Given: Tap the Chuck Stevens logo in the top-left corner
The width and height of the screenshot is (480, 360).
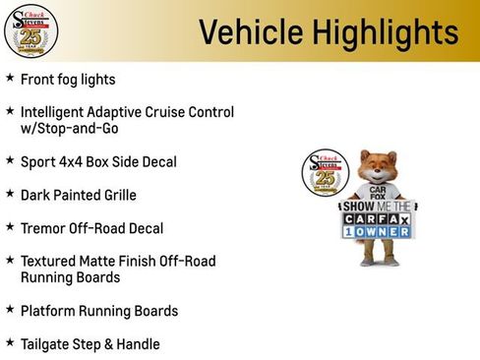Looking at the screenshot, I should pyautogui.click(x=30, y=30).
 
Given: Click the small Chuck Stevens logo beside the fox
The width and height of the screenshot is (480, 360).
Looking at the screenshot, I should pyautogui.click(x=322, y=173).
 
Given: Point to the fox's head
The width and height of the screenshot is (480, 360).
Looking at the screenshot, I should pyautogui.click(x=379, y=168).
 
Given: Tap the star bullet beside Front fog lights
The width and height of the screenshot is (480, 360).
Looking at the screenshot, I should pyautogui.click(x=10, y=78).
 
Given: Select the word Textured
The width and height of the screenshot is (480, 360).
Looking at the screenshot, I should pyautogui.click(x=50, y=262).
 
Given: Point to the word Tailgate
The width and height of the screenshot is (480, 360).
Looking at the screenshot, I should pyautogui.click(x=49, y=344).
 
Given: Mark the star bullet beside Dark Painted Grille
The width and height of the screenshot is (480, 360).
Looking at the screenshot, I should pyautogui.click(x=10, y=194).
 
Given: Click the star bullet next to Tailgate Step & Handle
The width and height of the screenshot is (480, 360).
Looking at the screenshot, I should pyautogui.click(x=10, y=343).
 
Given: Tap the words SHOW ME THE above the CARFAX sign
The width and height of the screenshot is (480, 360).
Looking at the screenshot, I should pyautogui.click(x=379, y=207).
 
